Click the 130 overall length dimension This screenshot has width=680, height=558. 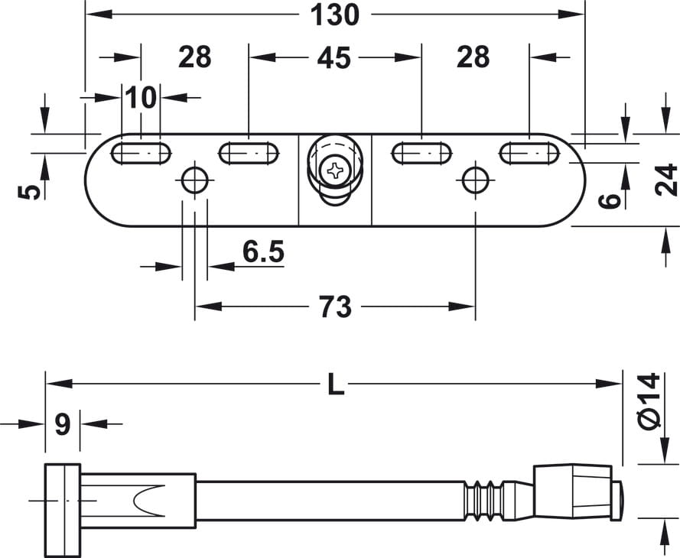(335, 15)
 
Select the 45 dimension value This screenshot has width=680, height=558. (333, 58)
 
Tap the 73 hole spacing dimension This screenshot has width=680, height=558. (335, 307)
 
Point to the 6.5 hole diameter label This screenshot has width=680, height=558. (263, 251)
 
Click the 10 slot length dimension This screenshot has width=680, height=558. (141, 98)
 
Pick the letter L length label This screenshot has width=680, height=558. (336, 384)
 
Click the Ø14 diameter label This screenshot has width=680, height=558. (649, 401)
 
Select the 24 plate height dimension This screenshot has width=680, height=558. (665, 180)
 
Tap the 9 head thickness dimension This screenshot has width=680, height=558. (63, 424)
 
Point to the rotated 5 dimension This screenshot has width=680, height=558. (30, 192)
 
